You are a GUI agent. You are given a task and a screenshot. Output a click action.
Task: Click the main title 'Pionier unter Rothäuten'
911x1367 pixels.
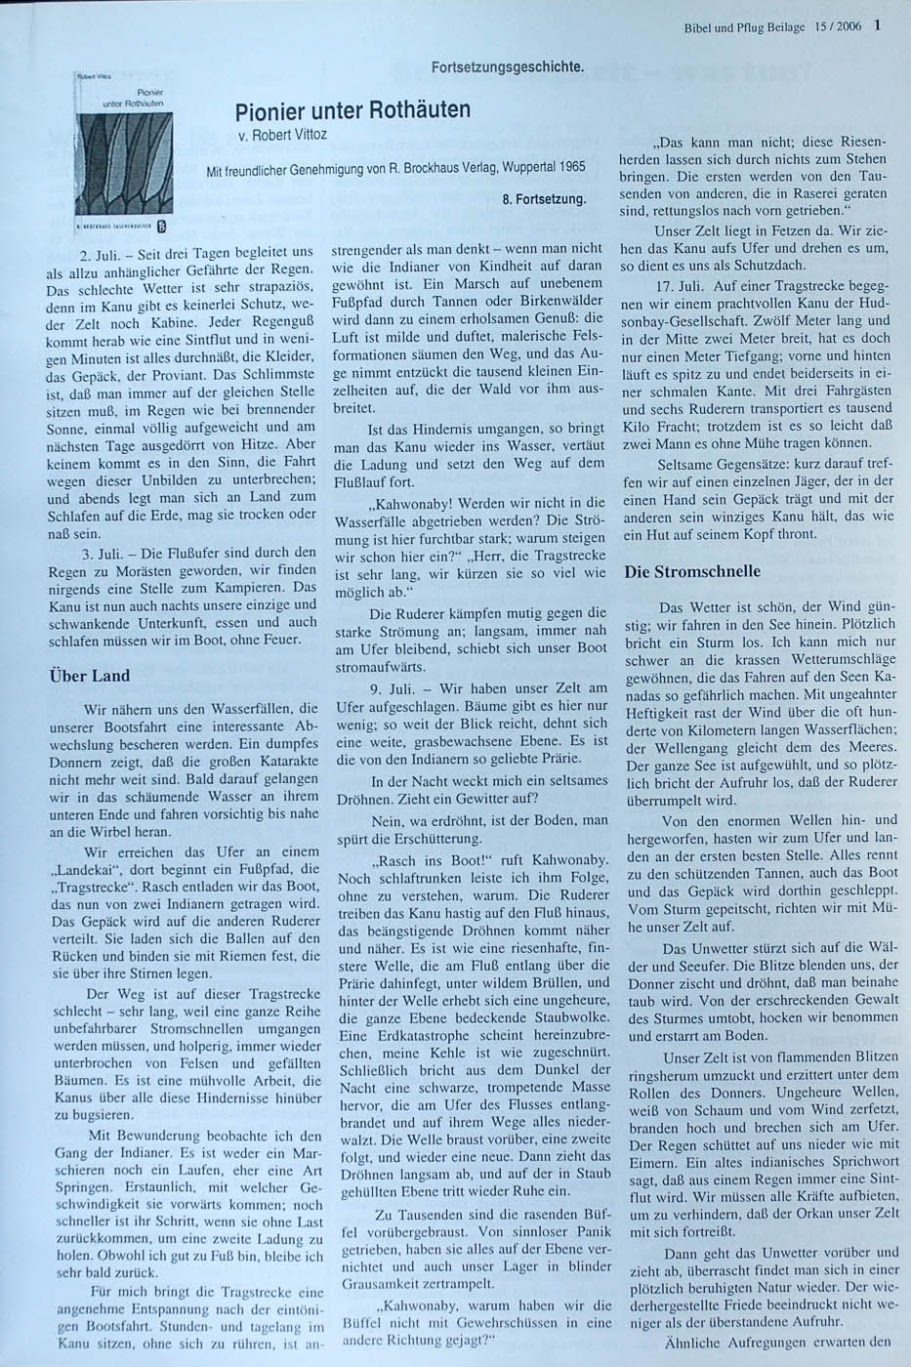tap(352, 110)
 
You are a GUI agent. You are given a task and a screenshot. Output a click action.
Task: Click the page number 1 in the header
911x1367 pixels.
tap(879, 27)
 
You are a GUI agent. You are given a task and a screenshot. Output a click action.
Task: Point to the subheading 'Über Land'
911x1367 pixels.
tap(89, 676)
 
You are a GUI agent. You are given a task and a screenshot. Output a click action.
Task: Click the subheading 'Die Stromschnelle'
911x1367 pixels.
tap(706, 571)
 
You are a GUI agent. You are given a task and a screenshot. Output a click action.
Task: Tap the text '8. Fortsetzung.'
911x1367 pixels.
tap(544, 199)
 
